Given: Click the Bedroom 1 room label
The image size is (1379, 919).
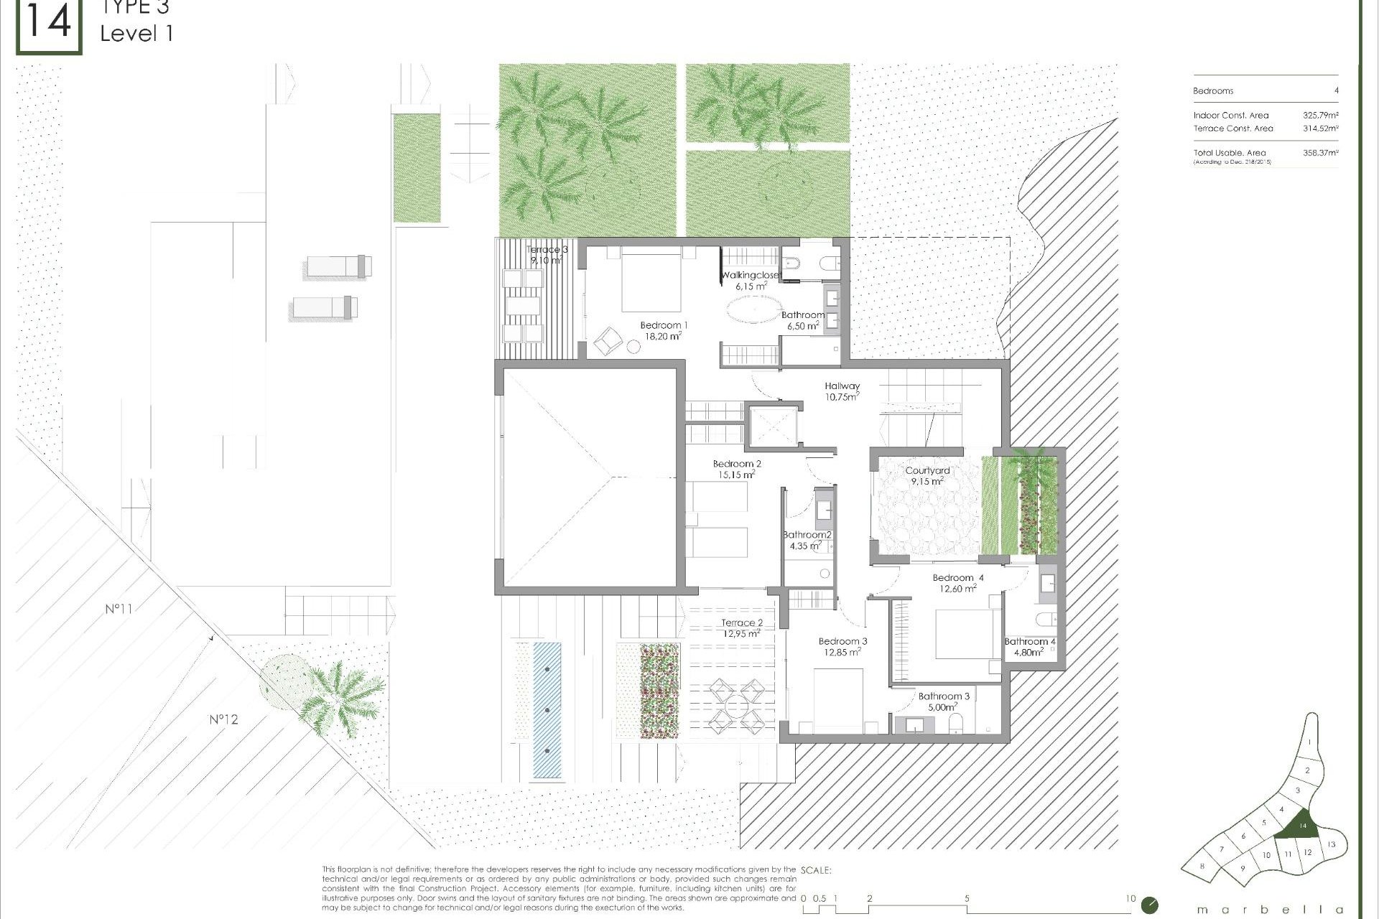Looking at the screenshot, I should pos(664,325).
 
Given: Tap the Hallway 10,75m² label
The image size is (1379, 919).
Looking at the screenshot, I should pos(842,386).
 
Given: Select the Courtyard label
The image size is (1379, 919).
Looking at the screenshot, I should pos(927,471).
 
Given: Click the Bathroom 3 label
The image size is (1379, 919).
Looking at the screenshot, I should pos(944,696).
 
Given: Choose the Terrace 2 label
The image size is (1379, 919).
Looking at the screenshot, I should pos(742,623).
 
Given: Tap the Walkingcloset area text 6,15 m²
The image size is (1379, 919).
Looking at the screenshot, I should pos(751,286).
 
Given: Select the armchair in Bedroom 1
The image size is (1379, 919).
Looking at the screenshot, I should pos(608,340).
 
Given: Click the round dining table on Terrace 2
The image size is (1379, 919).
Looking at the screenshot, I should pos(736,707).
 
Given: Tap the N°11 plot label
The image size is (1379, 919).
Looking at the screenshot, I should pos(119,609).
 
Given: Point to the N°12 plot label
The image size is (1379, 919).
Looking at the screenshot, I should pos(223,719).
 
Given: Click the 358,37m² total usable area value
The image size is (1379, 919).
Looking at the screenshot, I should pos(1320,153).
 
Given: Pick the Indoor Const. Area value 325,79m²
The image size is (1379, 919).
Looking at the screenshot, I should pos(1320,115).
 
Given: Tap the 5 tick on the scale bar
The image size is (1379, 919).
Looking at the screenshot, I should pos(967,899).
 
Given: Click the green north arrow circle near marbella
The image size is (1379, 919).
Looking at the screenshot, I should pos(1149,905).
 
